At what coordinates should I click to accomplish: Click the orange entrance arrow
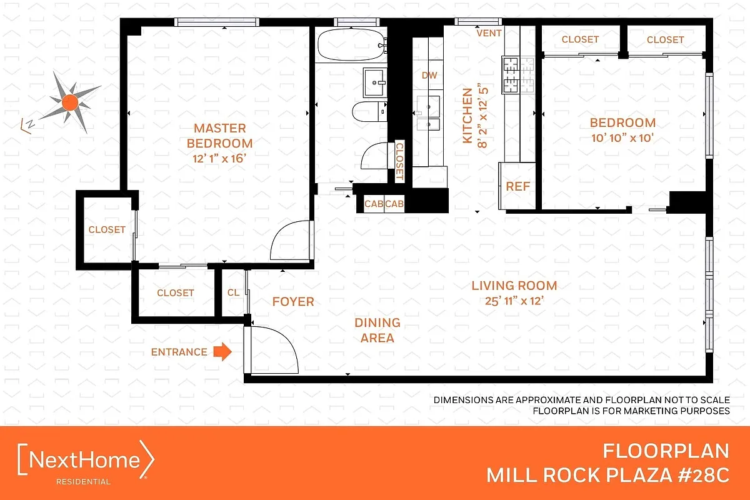coord(222,352)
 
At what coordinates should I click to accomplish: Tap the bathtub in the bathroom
coord(349,45)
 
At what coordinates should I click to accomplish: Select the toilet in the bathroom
coord(369,112)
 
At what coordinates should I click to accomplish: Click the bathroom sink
coord(376,81)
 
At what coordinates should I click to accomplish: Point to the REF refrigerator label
coord(517,186)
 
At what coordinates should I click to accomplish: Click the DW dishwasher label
coord(429,76)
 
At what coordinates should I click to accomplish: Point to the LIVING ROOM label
coord(514,286)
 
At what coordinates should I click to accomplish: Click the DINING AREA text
coord(377,330)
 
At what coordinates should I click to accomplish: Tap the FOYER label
coord(293,302)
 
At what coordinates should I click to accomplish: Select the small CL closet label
coord(233,292)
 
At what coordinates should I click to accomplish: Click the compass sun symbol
coord(69,101)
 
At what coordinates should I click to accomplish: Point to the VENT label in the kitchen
coord(489,33)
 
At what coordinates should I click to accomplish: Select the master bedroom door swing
coord(289,241)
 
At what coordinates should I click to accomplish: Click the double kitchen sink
coord(429,116)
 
